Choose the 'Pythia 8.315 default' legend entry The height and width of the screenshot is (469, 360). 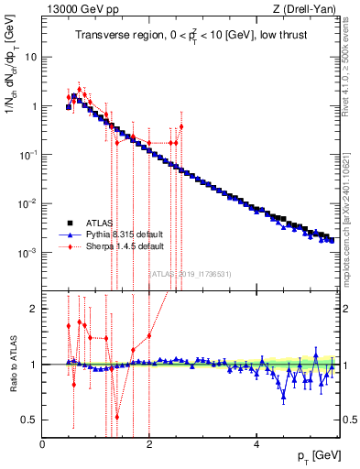[x=116, y=234]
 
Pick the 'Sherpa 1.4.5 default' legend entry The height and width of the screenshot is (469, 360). [x=115, y=246]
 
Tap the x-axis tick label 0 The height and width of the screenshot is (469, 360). [x=42, y=444]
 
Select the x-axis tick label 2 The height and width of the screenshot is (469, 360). [x=149, y=444]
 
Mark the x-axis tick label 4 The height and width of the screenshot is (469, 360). [x=256, y=444]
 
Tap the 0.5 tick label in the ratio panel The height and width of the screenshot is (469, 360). [x=29, y=420]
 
